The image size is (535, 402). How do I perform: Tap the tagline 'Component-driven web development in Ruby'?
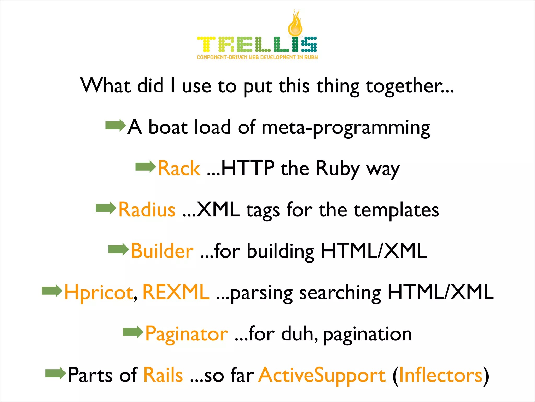tap(257, 57)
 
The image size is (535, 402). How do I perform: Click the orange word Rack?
tap(179, 168)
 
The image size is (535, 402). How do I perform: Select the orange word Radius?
tap(147, 210)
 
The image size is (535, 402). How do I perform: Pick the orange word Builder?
tap(162, 251)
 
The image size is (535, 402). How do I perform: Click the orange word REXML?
tap(176, 292)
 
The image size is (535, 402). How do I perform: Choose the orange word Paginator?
tap(187, 334)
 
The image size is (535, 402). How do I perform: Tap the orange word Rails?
tap(163, 375)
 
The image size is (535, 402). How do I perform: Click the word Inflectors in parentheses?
tap(441, 375)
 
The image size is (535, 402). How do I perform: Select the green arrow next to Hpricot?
tap(52, 291)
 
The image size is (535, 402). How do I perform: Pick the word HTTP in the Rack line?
tap(248, 168)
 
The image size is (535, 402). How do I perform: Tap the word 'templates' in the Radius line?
tap(396, 210)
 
